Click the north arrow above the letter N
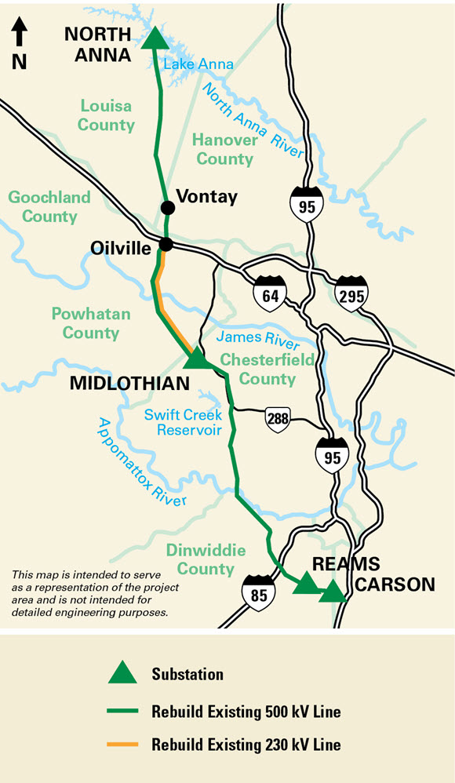[x=20, y=33]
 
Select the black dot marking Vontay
[x=167, y=207]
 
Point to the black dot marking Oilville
[x=166, y=244]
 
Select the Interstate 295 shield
[x=349, y=293]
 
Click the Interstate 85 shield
[x=259, y=591]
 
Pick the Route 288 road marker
[x=278, y=418]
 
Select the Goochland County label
[x=49, y=206]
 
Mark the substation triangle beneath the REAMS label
[x=305, y=583]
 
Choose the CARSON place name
[x=395, y=585]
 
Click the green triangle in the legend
[x=122, y=672]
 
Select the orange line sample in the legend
[x=122, y=743]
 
